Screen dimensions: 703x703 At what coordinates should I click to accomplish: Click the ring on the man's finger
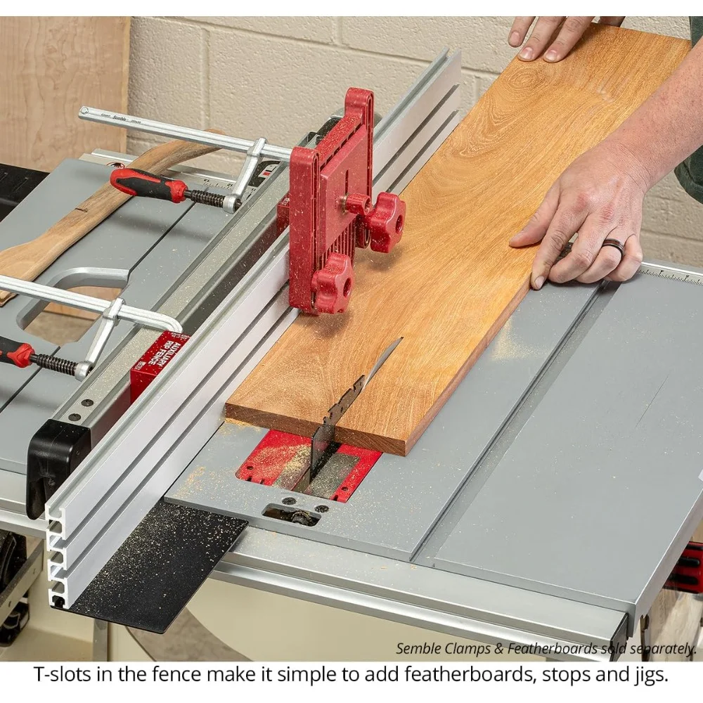coord(613,247)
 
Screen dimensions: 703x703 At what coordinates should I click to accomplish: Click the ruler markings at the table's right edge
coord(671,276)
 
